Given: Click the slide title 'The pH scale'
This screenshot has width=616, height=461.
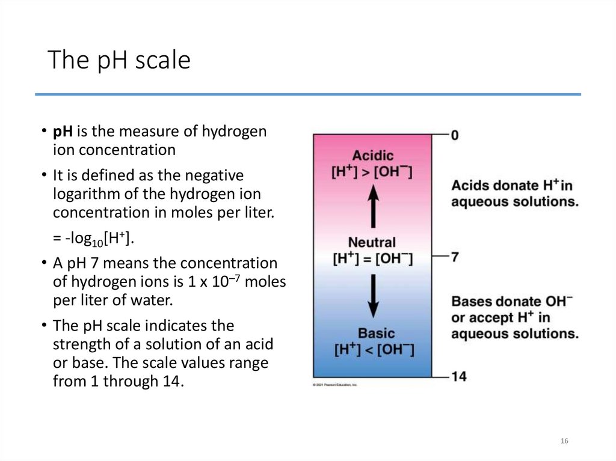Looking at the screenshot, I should pyautogui.click(x=119, y=60).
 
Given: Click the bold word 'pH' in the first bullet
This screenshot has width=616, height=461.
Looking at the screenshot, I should pyautogui.click(x=62, y=131).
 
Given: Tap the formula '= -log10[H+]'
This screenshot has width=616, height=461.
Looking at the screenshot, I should pyautogui.click(x=94, y=239).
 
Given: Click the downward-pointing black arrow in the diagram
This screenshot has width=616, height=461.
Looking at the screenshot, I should pyautogui.click(x=373, y=295).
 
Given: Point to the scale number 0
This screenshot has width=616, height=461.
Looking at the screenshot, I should pyautogui.click(x=455, y=135).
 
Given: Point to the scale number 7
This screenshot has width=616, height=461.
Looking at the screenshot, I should pyautogui.click(x=455, y=257).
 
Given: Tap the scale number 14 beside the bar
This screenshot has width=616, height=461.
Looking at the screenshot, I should pyautogui.click(x=458, y=376).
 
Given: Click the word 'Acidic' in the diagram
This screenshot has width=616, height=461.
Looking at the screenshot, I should pyautogui.click(x=372, y=155).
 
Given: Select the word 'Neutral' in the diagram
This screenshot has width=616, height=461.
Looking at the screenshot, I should pyautogui.click(x=372, y=243).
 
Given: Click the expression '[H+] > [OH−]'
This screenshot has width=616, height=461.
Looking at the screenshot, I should pyautogui.click(x=372, y=172).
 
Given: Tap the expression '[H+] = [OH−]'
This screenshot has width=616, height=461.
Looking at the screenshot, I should pyautogui.click(x=372, y=259).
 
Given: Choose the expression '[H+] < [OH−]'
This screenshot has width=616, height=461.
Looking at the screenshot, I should pyautogui.click(x=372, y=349).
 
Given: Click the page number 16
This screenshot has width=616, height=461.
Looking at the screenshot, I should pyautogui.click(x=564, y=441).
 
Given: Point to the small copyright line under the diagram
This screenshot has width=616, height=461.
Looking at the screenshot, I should pyautogui.click(x=334, y=384).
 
